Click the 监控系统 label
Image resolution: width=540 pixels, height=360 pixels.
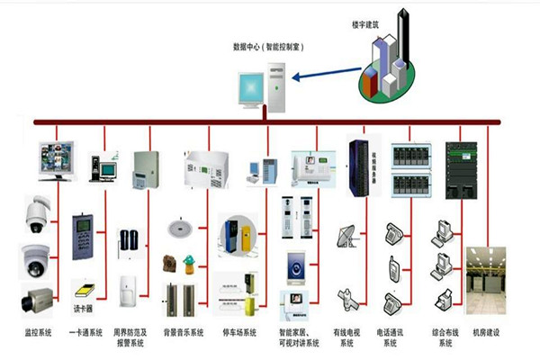39,332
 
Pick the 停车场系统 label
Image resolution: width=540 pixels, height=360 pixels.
239,332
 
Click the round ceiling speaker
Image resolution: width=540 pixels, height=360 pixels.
183,225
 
